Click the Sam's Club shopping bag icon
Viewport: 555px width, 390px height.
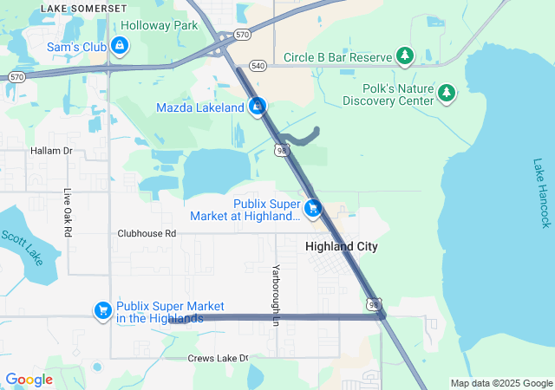tap(120, 46)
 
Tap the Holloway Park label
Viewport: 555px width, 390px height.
tap(160, 26)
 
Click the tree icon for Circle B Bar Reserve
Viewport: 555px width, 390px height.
tap(404, 57)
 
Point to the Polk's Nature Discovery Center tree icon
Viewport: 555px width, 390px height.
tap(446, 92)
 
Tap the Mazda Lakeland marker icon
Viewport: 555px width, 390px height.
tap(257, 107)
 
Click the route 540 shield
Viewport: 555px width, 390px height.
tap(258, 65)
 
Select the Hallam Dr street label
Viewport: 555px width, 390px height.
tap(51, 151)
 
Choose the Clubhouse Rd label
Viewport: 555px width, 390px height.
tap(147, 234)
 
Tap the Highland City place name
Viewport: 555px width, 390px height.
tap(342, 247)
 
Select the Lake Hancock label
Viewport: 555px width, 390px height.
tap(542, 192)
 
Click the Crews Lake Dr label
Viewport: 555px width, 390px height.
tap(218, 358)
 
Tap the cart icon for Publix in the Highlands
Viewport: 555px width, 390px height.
tap(102, 310)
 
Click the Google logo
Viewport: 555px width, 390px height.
tap(29, 380)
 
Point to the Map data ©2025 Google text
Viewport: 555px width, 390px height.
tap(500, 384)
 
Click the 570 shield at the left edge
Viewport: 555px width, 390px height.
tap(16, 77)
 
